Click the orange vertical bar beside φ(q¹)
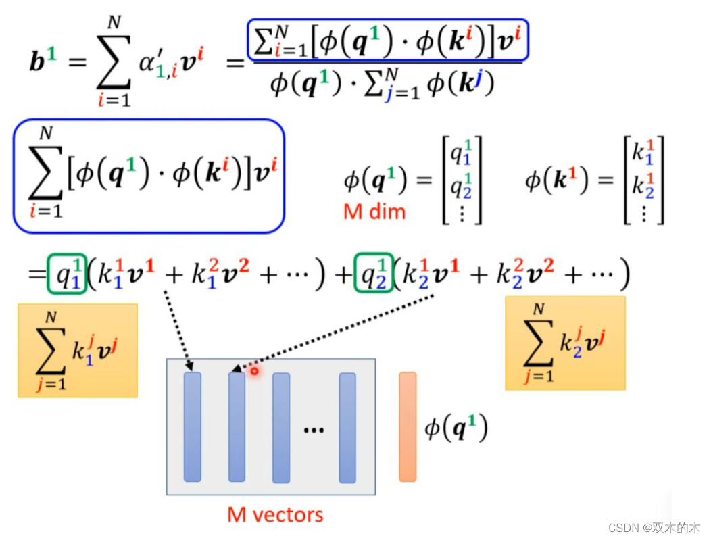(408, 426)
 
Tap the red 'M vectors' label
(275, 514)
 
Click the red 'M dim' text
(374, 212)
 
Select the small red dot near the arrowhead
(254, 370)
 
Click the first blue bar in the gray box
(193, 426)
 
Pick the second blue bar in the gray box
(237, 426)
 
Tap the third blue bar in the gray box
(281, 428)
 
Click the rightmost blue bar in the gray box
(347, 428)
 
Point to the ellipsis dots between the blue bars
(314, 430)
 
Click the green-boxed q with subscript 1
(66, 274)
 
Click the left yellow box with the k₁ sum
(78, 350)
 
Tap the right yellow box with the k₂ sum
(565, 343)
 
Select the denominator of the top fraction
(382, 84)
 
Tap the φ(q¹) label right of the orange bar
(456, 428)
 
